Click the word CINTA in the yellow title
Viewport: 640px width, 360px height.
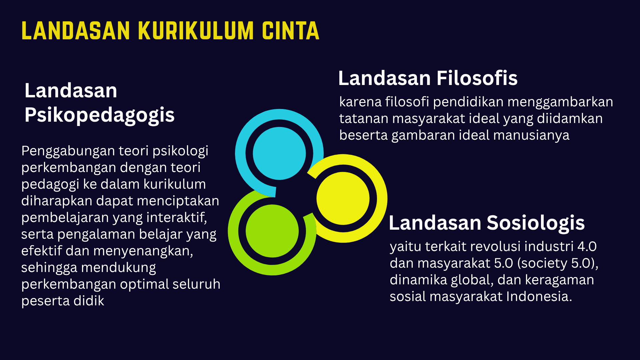[x=290, y=31]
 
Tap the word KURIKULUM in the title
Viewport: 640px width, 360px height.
[x=196, y=31]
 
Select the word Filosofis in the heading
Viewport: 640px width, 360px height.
[x=477, y=78]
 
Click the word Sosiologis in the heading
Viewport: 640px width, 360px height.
[x=536, y=223]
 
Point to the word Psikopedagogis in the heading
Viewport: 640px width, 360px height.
[x=99, y=115]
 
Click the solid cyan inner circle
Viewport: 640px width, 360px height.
[x=279, y=153]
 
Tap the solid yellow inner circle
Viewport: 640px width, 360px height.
[x=343, y=198]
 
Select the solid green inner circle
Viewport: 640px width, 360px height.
[x=272, y=231]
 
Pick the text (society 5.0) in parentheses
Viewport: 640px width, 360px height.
[x=557, y=263]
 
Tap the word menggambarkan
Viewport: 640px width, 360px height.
[x=560, y=102]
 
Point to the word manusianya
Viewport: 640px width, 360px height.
[x=531, y=135]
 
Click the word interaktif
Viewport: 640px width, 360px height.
[x=177, y=217]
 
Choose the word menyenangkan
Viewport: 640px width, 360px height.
[x=143, y=251]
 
